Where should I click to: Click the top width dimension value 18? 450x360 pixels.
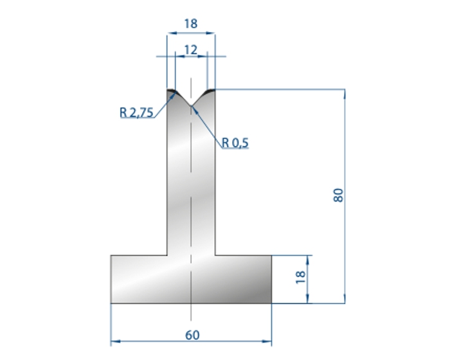click(191, 24)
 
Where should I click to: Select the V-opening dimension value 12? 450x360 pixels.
click(191, 50)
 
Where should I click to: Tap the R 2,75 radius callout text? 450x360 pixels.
click(136, 113)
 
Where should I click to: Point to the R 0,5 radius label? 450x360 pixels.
click(235, 143)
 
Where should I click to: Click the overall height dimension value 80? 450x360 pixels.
click(339, 195)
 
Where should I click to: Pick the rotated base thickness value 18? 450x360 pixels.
click(300, 277)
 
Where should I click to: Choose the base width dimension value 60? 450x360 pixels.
click(192, 335)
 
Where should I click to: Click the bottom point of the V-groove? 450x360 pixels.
click(191, 105)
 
